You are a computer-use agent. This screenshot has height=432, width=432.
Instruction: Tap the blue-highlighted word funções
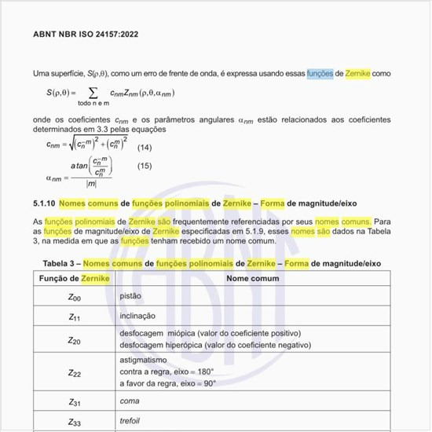[320, 73]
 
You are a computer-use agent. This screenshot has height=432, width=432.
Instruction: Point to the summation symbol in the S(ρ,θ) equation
[93, 93]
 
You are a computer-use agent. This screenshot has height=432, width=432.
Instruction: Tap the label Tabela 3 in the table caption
[60, 263]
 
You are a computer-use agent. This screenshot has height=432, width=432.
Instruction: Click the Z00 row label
[75, 298]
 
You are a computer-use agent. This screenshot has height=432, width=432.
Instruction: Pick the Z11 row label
[75, 317]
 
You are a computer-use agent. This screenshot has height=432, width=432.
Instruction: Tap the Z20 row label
[75, 341]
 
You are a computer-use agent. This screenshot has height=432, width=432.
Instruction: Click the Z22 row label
[75, 373]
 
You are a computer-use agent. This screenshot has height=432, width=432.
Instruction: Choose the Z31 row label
[75, 401]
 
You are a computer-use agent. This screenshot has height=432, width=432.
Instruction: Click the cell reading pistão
[130, 297]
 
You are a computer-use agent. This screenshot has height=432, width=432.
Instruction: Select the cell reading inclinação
[137, 317]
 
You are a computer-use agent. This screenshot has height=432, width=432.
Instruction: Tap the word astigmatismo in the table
[142, 360]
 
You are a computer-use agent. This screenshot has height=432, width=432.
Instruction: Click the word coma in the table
[128, 401]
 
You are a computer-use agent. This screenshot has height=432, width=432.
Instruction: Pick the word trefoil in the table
[130, 420]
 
